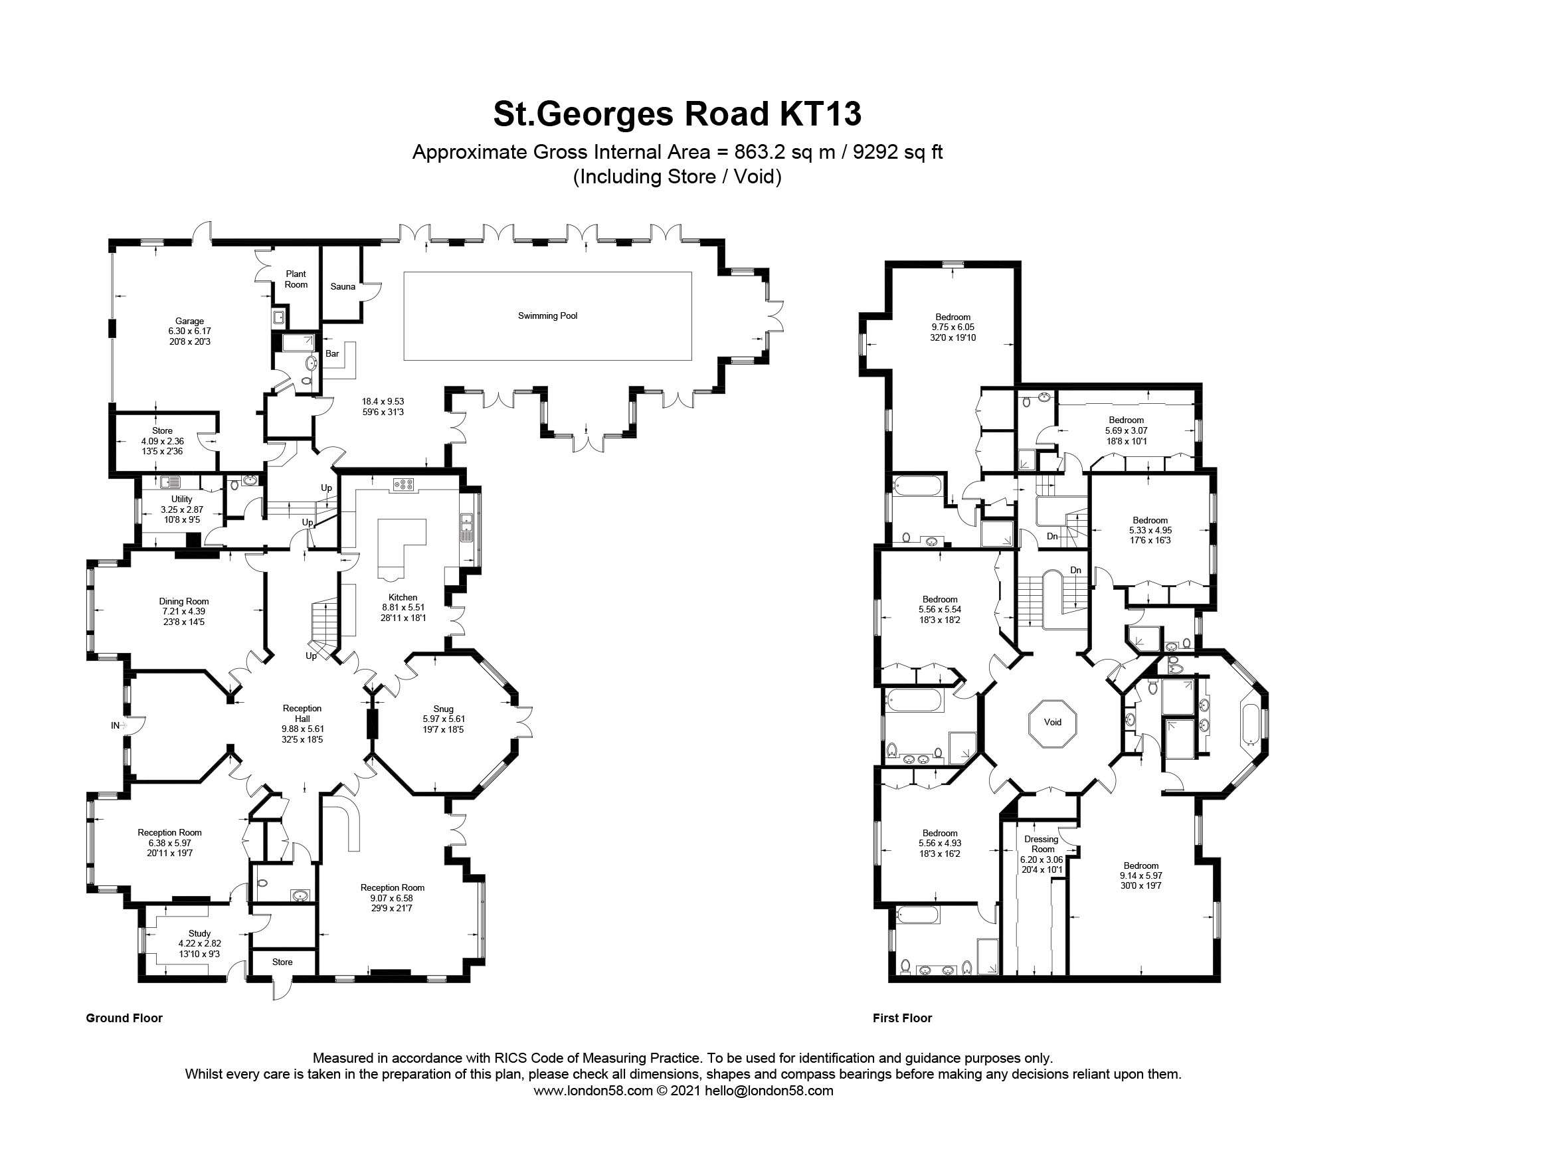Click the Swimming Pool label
tap(547, 316)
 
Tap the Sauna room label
tap(343, 286)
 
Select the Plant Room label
tap(296, 279)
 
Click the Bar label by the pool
tap(332, 353)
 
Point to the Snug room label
tap(443, 709)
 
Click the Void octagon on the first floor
tap(1052, 723)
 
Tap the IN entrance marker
tap(116, 725)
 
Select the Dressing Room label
tap(1042, 844)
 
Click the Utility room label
tap(181, 499)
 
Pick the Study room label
tap(200, 933)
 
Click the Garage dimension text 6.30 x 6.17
tap(189, 331)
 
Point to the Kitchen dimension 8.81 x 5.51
tap(403, 608)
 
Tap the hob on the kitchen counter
tap(404, 483)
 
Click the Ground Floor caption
tap(124, 1018)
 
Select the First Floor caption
tap(902, 1018)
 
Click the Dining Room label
tap(183, 601)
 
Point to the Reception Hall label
tap(302, 713)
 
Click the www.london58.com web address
tap(592, 1091)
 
